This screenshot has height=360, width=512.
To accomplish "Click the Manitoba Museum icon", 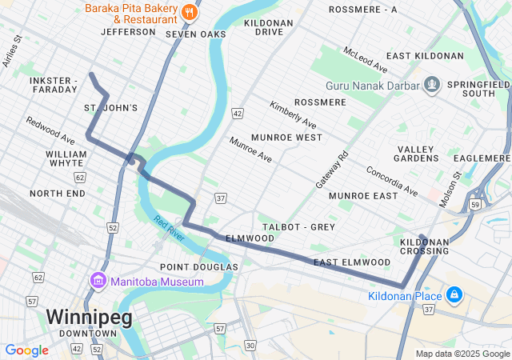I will (x=98, y=282).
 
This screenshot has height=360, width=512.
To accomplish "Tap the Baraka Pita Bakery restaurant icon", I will (x=189, y=11).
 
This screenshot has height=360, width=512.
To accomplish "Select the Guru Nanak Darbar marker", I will (x=432, y=84).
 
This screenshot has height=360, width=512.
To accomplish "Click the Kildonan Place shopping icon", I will (x=454, y=296).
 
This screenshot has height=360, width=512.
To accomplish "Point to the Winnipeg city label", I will (x=88, y=316).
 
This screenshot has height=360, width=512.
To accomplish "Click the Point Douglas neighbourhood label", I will (x=199, y=266).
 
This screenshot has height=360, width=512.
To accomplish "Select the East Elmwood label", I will (x=352, y=262).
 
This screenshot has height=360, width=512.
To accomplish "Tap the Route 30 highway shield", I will (x=250, y=345).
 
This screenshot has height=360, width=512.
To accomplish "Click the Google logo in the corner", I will (x=26, y=350).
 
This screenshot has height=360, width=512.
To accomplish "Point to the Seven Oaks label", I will (x=196, y=34).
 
